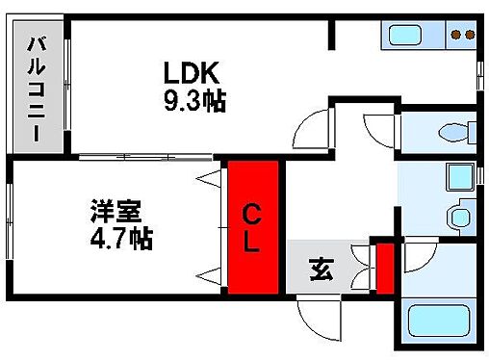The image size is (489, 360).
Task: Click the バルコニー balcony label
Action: (x=38, y=88)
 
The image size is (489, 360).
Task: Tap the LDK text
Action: (x=192, y=73)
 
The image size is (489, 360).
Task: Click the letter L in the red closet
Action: (x=250, y=243)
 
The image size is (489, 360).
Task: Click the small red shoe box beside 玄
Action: (x=383, y=269)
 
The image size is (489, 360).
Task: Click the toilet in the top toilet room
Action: (x=451, y=131)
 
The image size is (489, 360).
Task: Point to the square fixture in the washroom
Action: (x=458, y=177)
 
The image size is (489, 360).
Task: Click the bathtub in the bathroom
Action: (x=438, y=321)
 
